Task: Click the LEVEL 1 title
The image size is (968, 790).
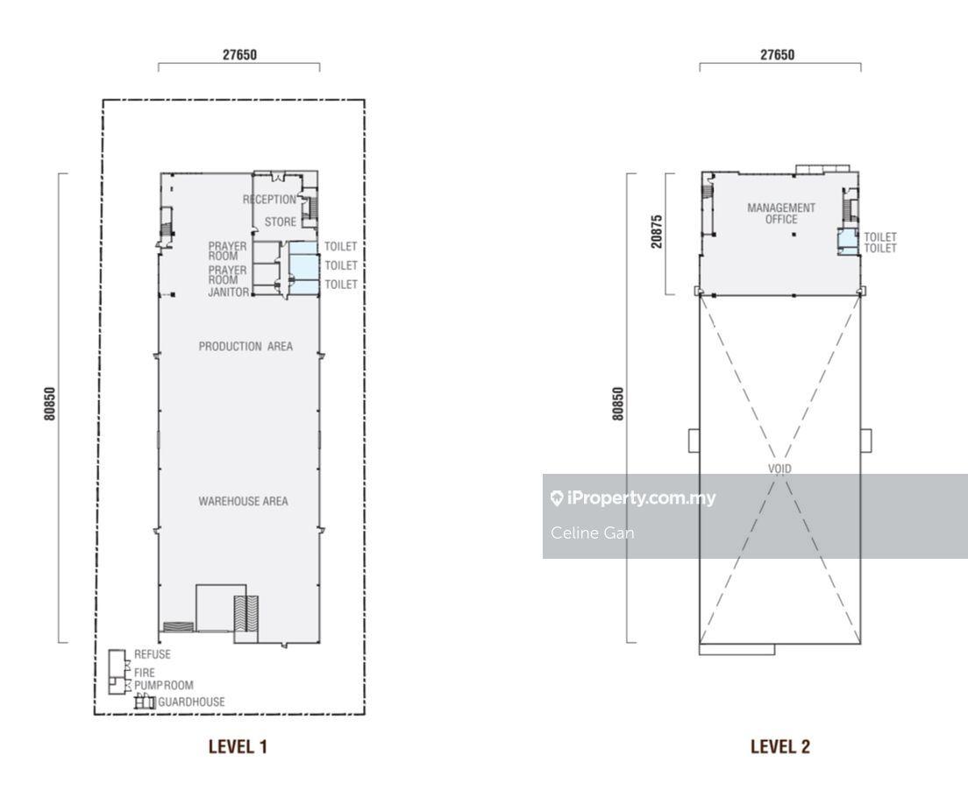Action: click(x=238, y=747)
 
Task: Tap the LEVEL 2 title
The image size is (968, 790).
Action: click(x=780, y=747)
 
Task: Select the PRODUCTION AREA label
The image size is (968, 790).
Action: click(x=246, y=347)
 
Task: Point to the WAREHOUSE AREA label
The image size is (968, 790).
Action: click(x=243, y=501)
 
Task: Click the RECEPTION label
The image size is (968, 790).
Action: click(x=269, y=200)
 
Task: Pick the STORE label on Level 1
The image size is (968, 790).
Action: click(x=281, y=222)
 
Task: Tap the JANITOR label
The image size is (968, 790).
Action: click(x=229, y=293)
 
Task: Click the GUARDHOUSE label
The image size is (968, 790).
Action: click(x=191, y=702)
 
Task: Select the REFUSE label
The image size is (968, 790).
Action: click(x=153, y=654)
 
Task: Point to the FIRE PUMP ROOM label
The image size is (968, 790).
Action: click(x=164, y=679)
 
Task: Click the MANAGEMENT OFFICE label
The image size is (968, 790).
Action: click(x=781, y=214)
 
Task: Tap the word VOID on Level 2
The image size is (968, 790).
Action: click(x=779, y=469)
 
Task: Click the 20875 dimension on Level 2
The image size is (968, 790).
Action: click(x=656, y=231)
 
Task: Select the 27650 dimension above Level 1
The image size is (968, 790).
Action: click(x=239, y=55)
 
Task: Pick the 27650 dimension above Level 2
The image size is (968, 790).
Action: click(x=777, y=55)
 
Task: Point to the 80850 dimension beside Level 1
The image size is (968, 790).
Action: click(x=50, y=404)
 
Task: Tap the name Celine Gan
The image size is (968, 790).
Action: click(x=592, y=533)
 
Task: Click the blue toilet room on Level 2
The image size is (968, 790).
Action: click(x=847, y=241)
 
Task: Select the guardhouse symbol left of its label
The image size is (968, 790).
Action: click(x=145, y=702)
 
